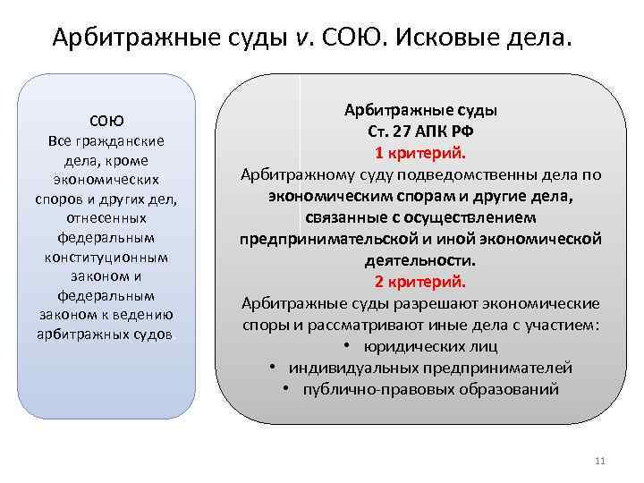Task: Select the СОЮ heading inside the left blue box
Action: click(106, 121)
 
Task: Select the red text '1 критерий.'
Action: click(420, 152)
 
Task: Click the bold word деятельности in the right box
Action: click(419, 261)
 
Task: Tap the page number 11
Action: click(599, 462)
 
